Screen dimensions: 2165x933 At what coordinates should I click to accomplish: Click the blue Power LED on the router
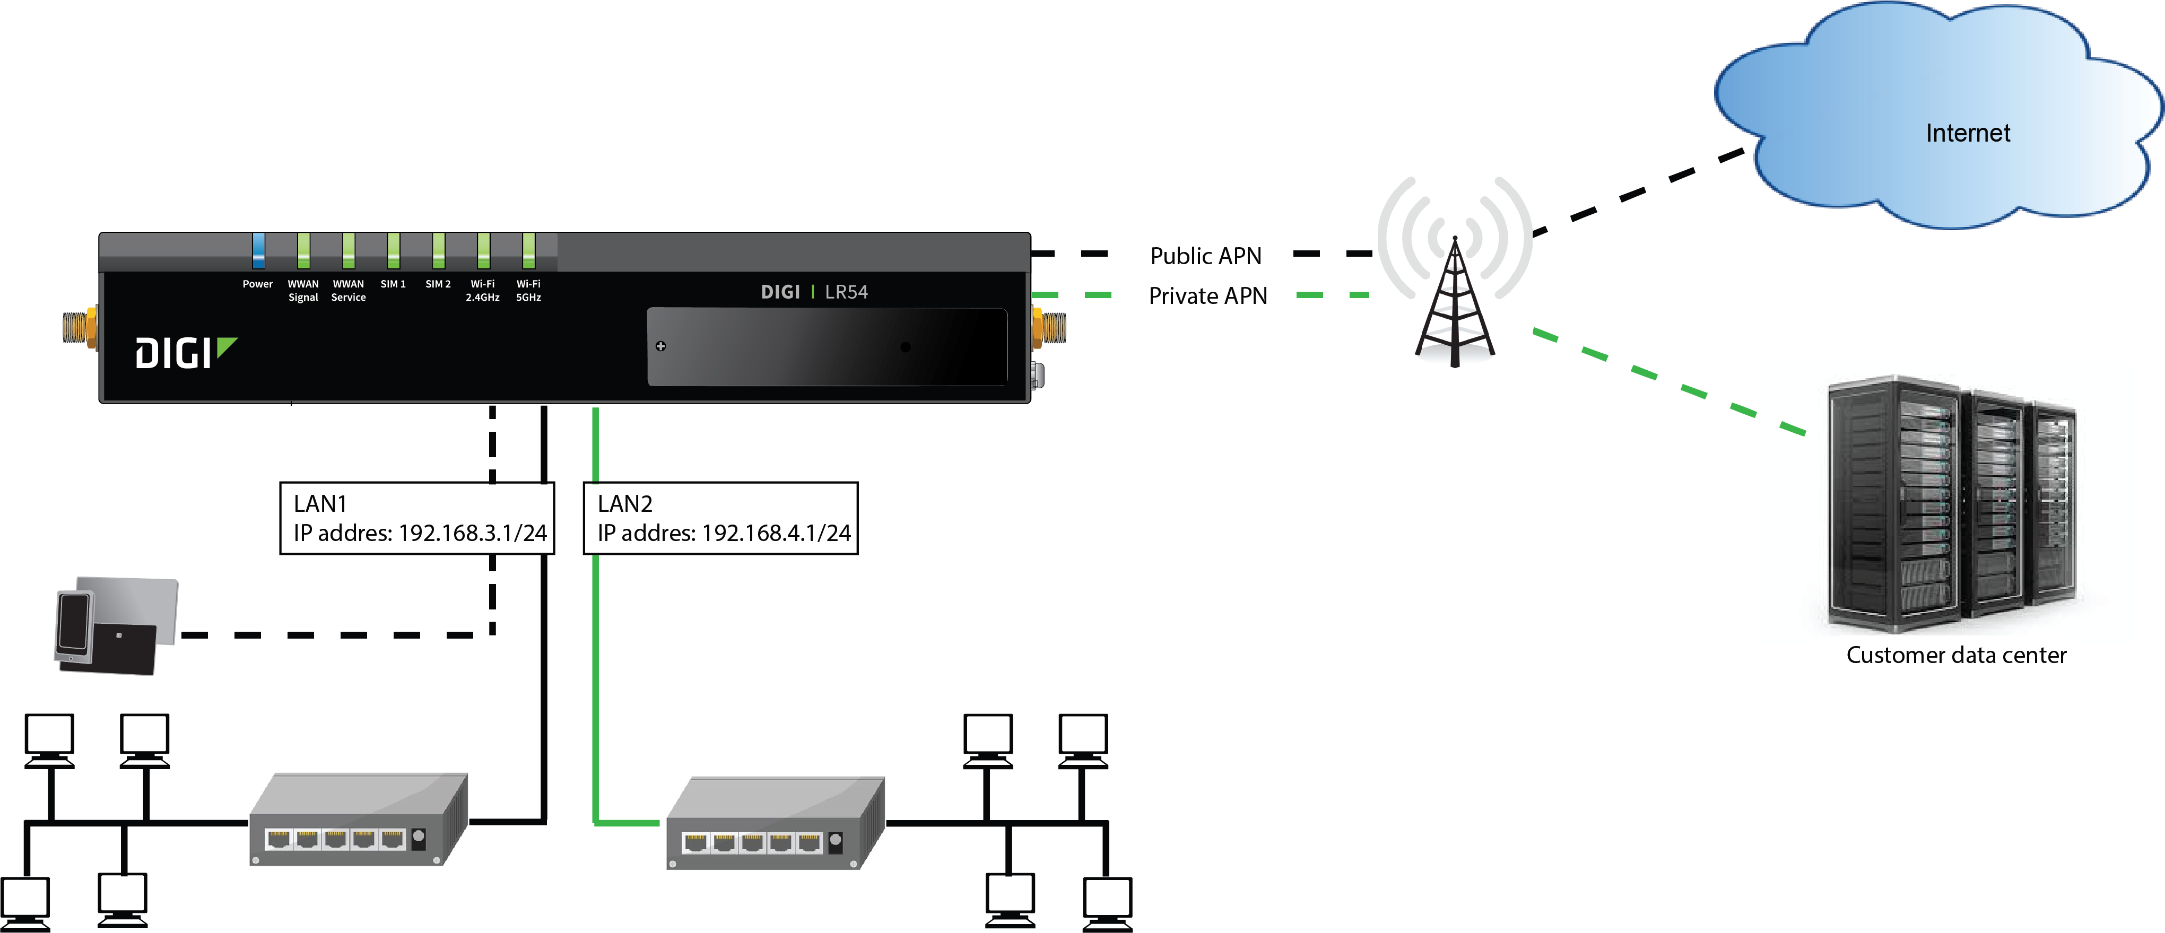258,250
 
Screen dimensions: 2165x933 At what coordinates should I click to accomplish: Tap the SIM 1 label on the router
393,284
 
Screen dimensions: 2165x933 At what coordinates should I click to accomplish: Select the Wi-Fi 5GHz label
528,291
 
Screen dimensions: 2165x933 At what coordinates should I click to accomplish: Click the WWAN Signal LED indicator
303,250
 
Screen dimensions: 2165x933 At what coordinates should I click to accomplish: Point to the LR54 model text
846,292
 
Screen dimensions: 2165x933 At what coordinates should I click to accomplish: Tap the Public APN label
1205,256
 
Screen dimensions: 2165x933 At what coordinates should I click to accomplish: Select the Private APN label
1208,296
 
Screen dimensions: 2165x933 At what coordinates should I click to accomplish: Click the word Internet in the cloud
1968,133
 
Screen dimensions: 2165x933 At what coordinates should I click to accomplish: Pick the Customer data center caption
1956,655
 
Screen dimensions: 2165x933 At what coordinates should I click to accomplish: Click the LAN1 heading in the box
320,503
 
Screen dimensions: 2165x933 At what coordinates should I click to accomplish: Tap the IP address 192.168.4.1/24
776,533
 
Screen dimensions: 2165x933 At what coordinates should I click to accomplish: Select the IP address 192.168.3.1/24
472,533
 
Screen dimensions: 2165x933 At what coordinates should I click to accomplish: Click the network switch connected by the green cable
776,823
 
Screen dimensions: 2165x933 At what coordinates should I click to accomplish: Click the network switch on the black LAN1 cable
359,819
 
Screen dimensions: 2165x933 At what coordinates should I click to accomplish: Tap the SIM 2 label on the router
438,284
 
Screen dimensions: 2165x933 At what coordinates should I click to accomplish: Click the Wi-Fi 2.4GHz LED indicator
483,250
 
